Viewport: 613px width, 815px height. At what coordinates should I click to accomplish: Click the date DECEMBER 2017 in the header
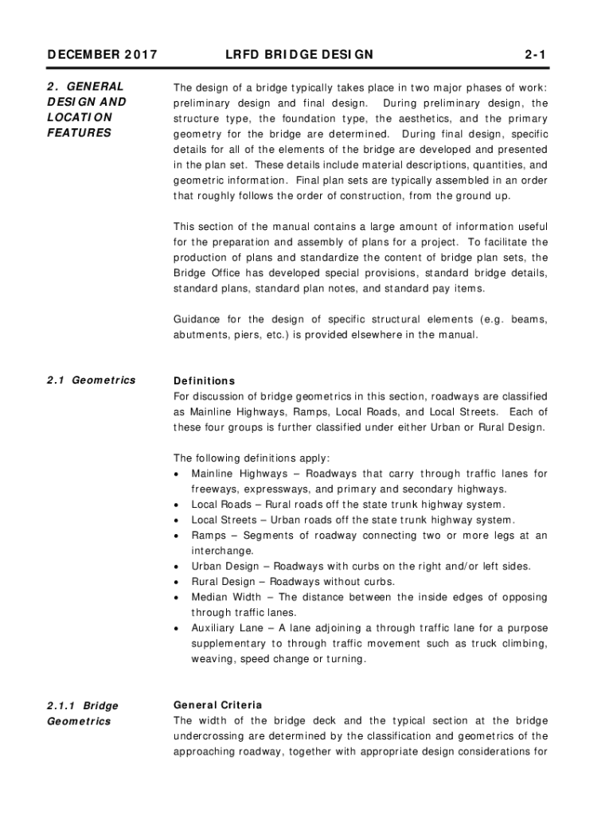(102, 55)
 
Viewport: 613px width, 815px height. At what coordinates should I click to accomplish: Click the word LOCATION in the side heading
(80, 118)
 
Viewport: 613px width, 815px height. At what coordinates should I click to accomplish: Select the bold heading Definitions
(204, 380)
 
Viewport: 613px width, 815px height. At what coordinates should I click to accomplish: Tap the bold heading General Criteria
(217, 705)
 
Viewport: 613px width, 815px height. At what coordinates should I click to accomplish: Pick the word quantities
(481, 165)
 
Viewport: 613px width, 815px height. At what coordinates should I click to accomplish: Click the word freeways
(217, 489)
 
